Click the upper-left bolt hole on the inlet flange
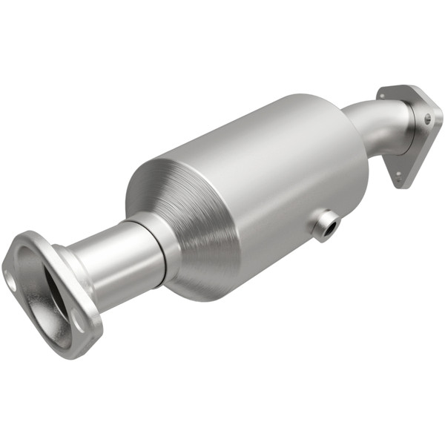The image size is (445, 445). [x=13, y=281]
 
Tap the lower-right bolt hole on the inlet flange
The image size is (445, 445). [x=77, y=321]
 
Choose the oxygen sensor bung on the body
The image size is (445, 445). [x=325, y=225]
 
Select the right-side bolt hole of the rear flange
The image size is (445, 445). [x=428, y=118]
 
